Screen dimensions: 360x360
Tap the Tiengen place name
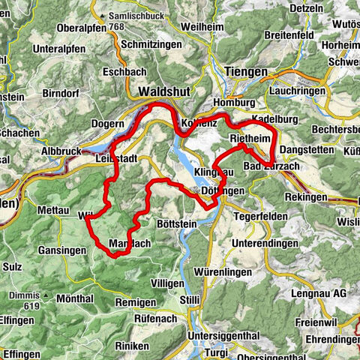pyautogui.click(x=245, y=72)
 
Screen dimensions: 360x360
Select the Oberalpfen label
pyautogui.click(x=76, y=28)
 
